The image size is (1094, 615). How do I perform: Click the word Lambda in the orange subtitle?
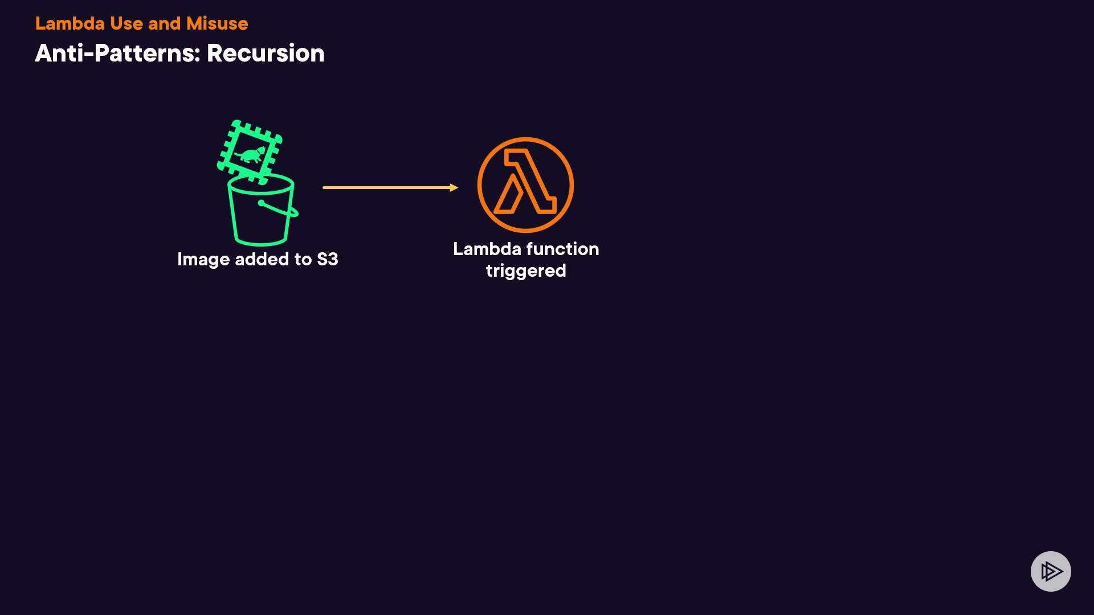[x=70, y=23]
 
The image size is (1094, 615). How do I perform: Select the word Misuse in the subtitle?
[x=217, y=23]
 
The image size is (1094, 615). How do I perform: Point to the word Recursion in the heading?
[x=266, y=54]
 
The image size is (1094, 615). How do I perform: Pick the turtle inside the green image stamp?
[x=250, y=154]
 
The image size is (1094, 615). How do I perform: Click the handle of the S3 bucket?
[x=279, y=209]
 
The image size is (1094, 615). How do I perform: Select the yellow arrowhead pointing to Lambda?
[x=454, y=187]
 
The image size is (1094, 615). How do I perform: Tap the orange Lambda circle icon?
[x=525, y=185]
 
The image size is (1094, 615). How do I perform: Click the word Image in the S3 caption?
[x=203, y=260]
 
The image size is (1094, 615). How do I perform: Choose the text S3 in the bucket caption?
[x=327, y=259]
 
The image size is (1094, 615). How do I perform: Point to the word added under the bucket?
[x=262, y=259]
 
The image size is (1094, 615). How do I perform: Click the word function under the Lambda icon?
[x=562, y=249]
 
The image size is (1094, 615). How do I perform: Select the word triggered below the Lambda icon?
[x=525, y=271]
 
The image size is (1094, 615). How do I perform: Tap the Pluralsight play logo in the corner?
[x=1051, y=571]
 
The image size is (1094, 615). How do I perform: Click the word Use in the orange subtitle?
[x=126, y=23]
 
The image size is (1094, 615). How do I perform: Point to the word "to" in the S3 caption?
[x=303, y=259]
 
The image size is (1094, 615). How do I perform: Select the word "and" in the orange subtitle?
[x=164, y=23]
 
